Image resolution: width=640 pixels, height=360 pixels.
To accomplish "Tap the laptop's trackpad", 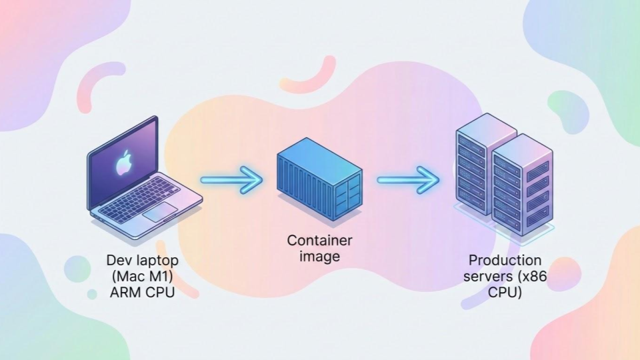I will [160, 213].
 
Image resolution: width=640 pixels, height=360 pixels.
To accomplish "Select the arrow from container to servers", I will [408, 179].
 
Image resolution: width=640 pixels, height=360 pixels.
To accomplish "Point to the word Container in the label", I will [319, 241].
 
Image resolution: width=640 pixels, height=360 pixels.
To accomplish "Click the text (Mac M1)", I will [141, 276].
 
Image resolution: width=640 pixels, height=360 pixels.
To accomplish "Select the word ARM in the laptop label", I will [124, 291].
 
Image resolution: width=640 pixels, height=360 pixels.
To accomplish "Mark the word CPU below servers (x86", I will [505, 291].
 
